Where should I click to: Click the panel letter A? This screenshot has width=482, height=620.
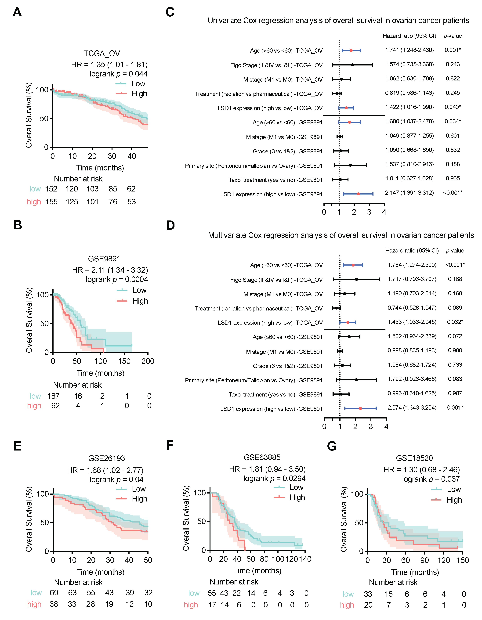17,12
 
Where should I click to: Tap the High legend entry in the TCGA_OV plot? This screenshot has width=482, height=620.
139,94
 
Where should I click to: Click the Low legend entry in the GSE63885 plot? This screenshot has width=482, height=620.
296,487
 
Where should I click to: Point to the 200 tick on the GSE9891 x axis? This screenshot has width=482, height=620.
148,361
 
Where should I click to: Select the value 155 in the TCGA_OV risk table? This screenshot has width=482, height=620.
51,202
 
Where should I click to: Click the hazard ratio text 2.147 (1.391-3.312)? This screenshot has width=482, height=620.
409,193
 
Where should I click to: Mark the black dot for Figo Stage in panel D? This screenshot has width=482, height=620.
356,279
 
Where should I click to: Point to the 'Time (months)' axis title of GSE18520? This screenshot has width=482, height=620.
415,572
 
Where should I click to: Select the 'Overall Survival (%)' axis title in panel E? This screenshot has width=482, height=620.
29,519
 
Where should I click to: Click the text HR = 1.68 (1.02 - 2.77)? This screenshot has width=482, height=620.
105,470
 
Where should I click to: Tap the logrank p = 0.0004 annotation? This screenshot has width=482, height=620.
117,279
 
